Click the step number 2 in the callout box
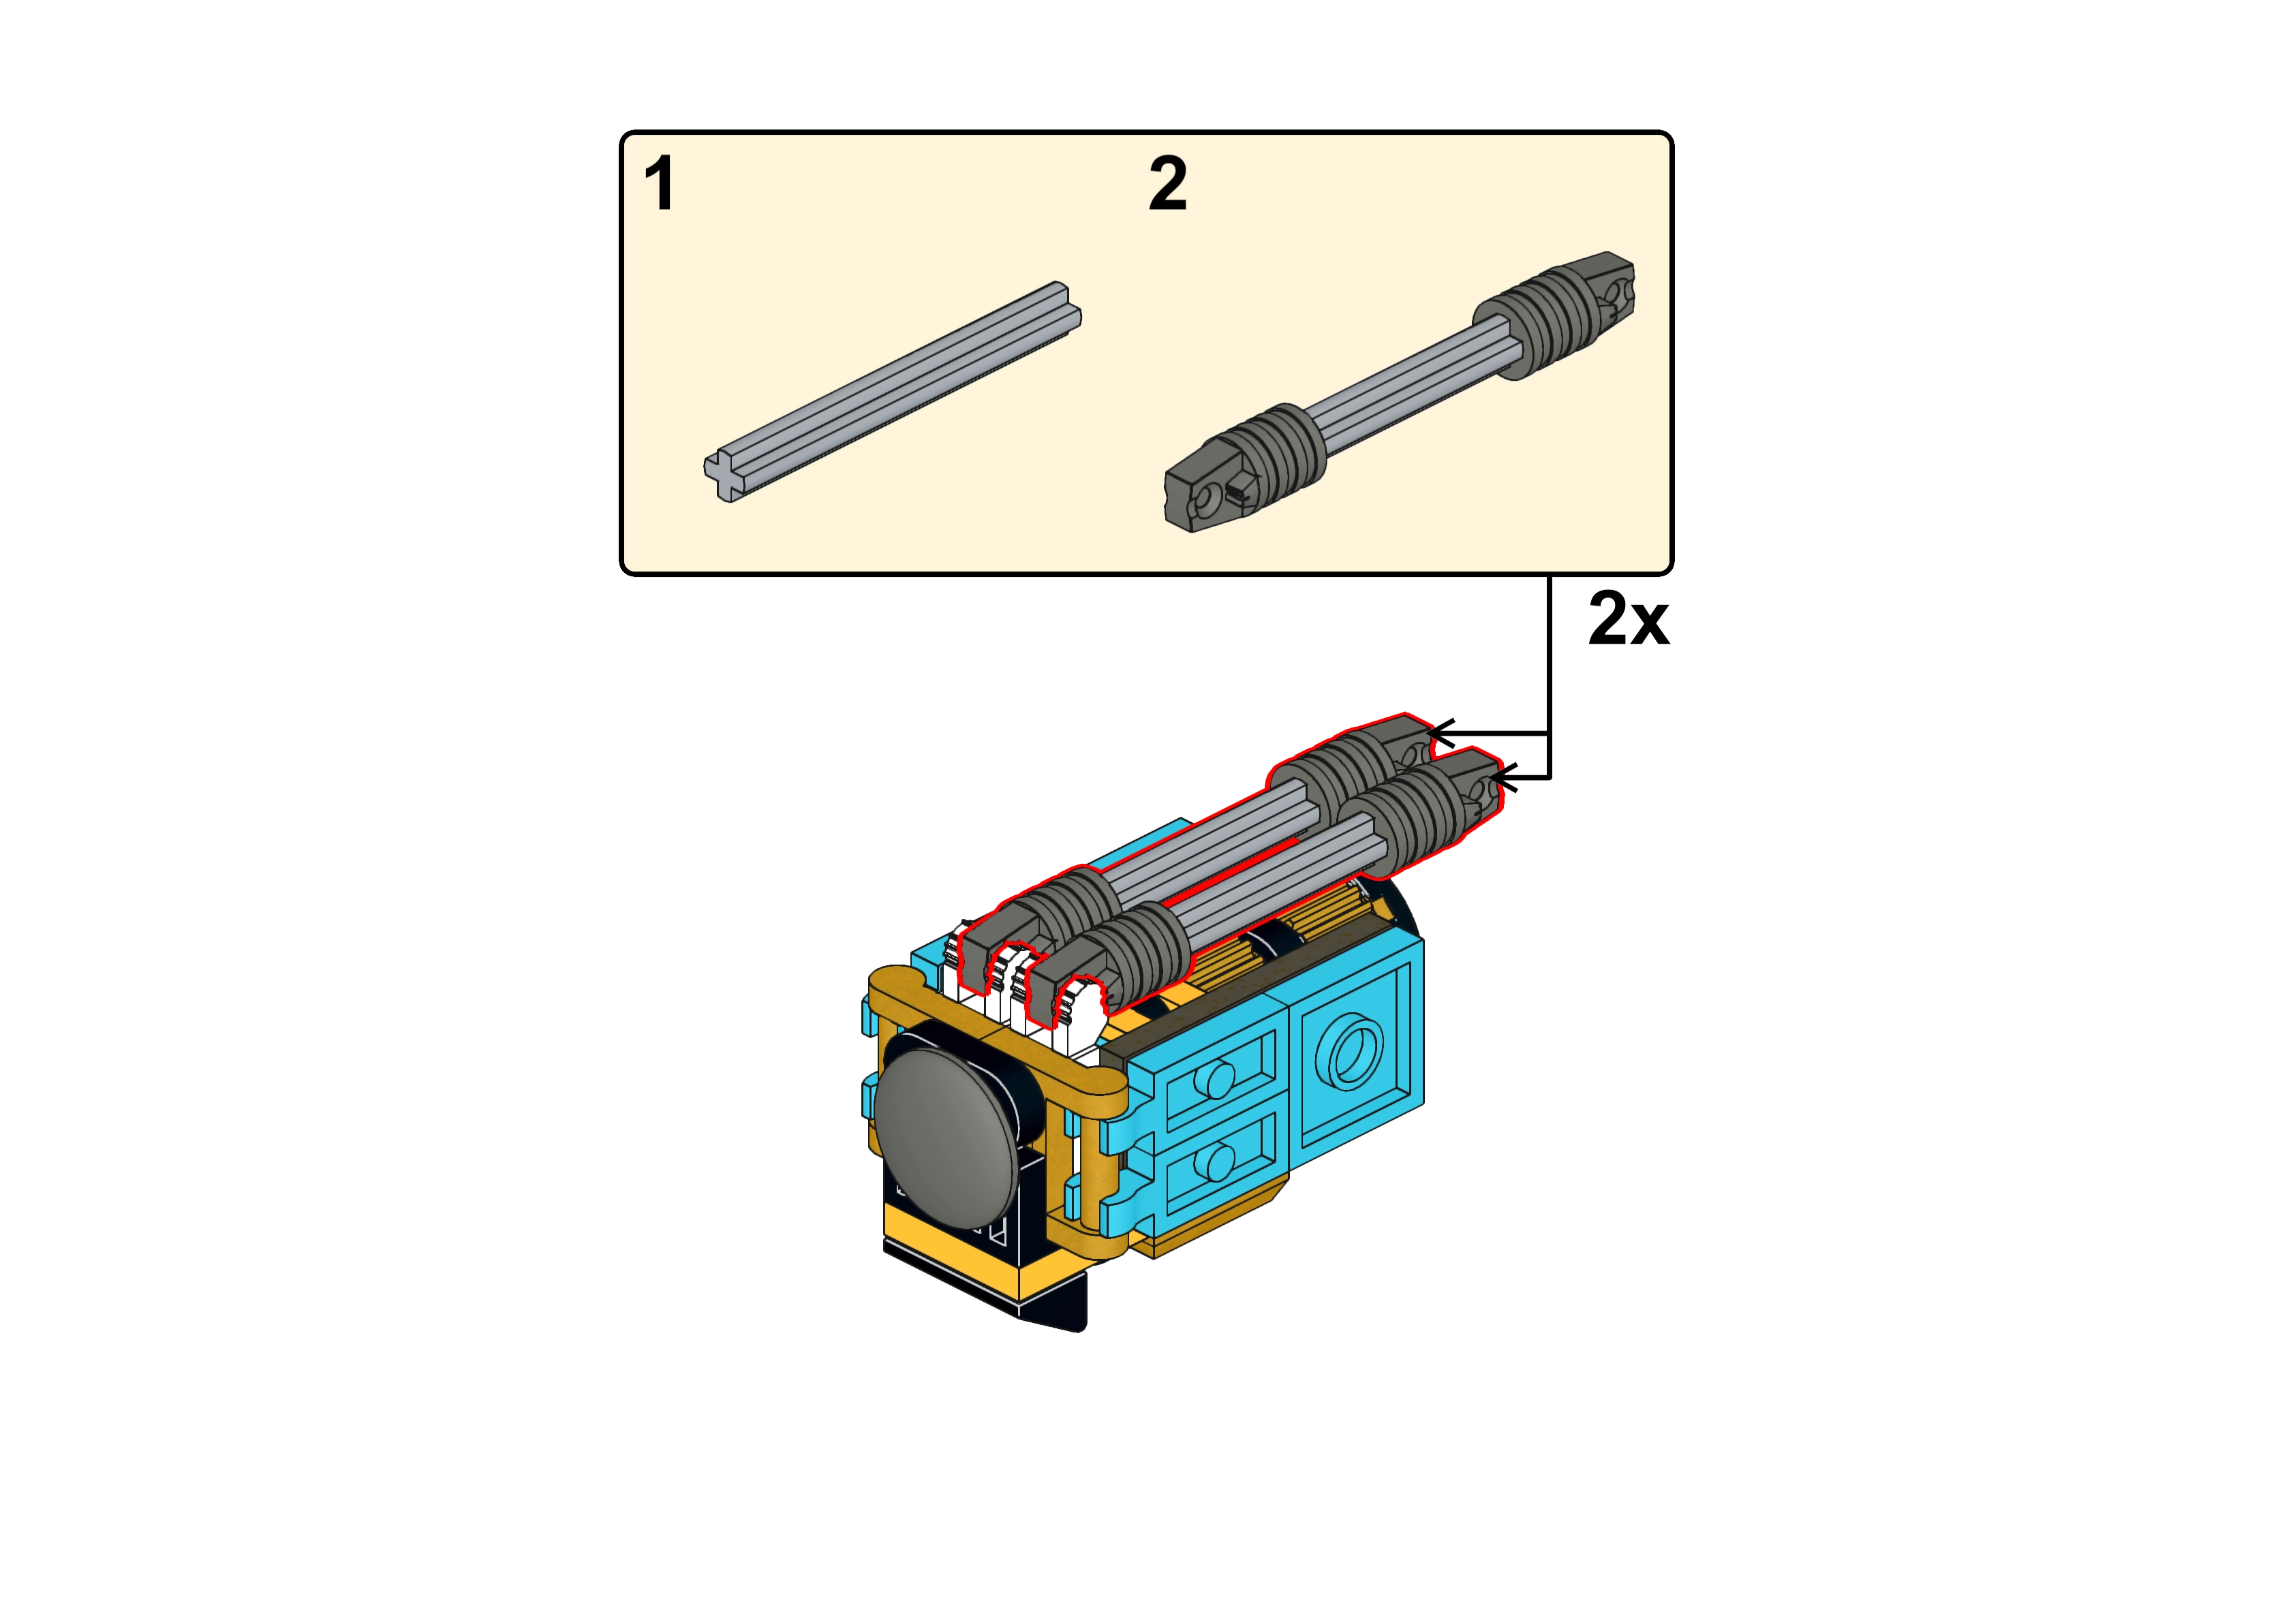pyautogui.click(x=1168, y=184)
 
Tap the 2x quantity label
pyautogui.click(x=1628, y=619)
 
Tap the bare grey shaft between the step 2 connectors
pyautogui.click(x=1400, y=391)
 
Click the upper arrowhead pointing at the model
pyautogui.click(x=1441, y=734)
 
